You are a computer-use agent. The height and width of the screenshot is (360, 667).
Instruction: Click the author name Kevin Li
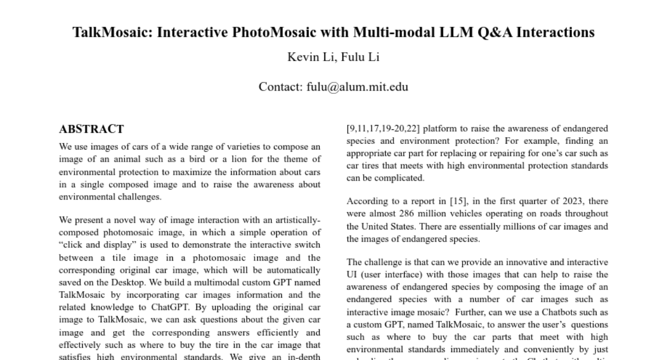pyautogui.click(x=310, y=57)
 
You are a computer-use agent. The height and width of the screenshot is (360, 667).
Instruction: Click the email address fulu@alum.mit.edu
pyautogui.click(x=357, y=87)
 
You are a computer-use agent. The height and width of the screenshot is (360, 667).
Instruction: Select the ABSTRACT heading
pyautogui.click(x=91, y=129)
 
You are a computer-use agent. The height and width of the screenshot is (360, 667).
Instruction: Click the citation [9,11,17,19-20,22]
pyautogui.click(x=384, y=129)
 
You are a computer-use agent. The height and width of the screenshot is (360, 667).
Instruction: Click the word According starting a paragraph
pyautogui.click(x=365, y=201)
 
